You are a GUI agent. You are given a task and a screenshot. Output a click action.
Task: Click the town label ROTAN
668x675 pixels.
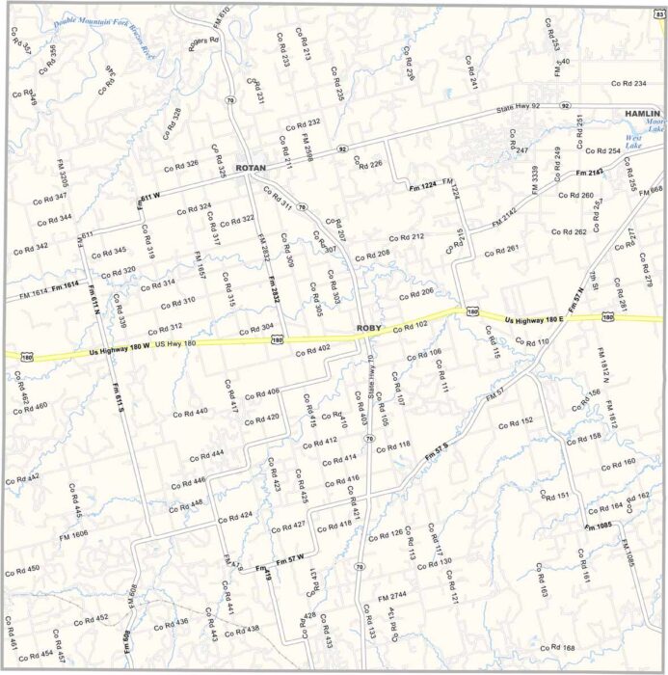pyautogui.click(x=250, y=167)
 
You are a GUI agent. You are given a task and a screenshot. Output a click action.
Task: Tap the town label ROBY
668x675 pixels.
pyautogui.click(x=369, y=329)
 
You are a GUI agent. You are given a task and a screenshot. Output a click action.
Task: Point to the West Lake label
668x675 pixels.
pyautogui.click(x=633, y=138)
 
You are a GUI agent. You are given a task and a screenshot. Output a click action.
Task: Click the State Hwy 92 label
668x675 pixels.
pyautogui.click(x=518, y=106)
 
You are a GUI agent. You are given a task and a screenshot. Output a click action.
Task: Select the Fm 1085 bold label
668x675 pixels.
pyautogui.click(x=598, y=526)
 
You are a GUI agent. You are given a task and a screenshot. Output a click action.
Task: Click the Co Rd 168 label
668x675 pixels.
pyautogui.click(x=556, y=647)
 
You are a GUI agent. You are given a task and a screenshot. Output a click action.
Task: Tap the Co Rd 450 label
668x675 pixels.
pyautogui.click(x=21, y=570)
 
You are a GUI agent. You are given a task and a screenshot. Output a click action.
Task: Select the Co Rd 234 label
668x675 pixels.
pyautogui.click(x=628, y=83)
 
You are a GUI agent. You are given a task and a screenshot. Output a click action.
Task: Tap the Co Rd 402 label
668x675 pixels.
pyautogui.click(x=312, y=347)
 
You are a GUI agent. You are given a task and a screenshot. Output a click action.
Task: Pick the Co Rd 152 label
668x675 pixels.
pyautogui.click(x=516, y=421)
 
